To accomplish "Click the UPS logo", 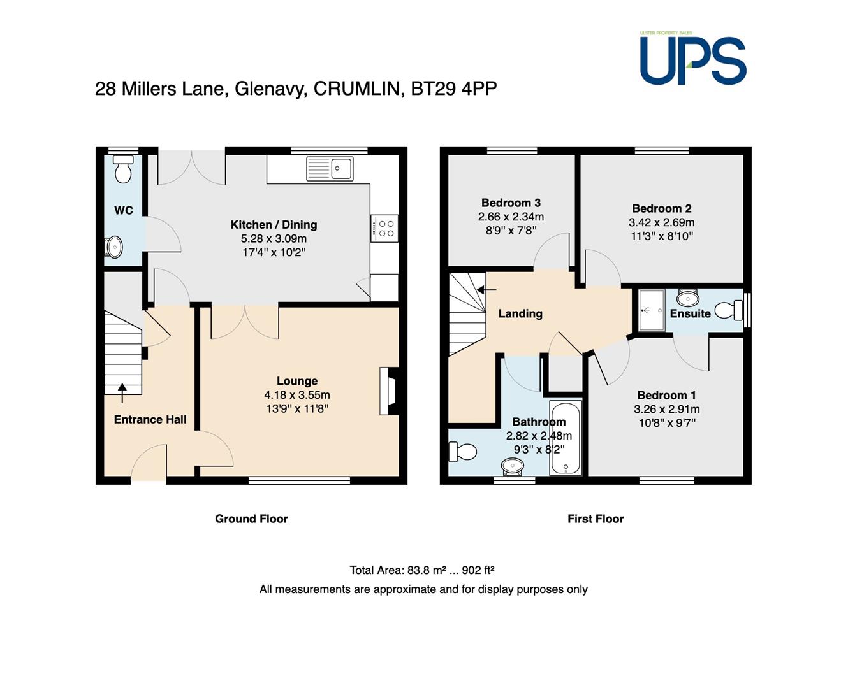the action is point(692,58).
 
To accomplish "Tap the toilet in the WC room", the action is point(123,169).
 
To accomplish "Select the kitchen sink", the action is point(330,169).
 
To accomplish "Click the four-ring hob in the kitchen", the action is point(384,228).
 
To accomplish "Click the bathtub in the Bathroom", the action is point(566,438).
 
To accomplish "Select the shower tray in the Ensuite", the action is point(652,310).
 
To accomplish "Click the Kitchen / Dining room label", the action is point(274,225).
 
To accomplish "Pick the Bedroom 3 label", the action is point(511,203).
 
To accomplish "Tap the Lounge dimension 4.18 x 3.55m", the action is point(297,395).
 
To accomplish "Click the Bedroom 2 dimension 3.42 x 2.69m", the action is point(662,222).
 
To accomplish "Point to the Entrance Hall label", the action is point(150,420).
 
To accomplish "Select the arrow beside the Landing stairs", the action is point(486,290).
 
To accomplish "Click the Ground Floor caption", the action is point(251,519).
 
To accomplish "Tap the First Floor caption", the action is point(596,519).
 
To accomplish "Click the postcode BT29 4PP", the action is point(454,89).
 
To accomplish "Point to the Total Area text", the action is point(421,570).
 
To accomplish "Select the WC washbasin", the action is point(113,247).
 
